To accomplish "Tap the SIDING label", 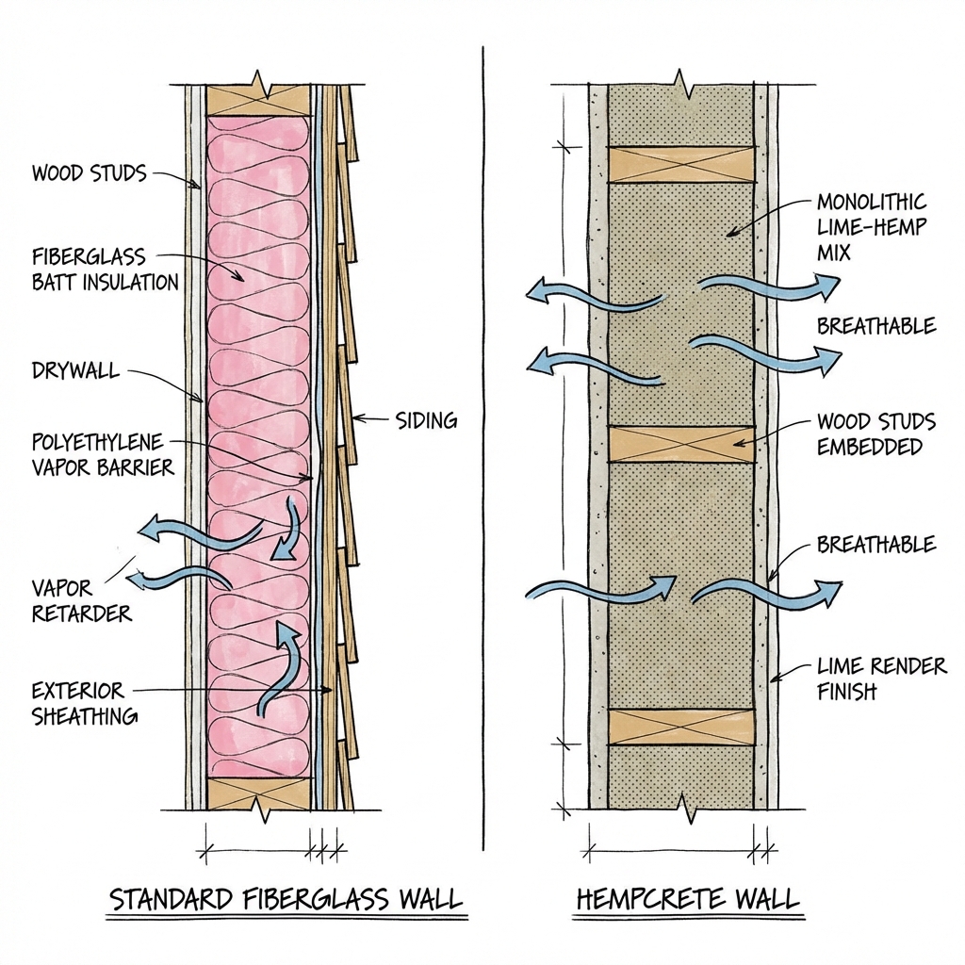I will coord(425,420).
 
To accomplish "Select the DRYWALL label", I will coord(76,370).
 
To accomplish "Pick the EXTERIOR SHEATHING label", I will coord(85,703).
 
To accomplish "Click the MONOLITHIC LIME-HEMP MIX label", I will coord(871,226).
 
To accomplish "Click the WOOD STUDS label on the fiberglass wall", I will coord(90,173).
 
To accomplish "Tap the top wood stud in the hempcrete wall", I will coord(681,164).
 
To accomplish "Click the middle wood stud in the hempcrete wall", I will coord(681,444).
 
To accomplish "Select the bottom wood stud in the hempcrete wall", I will coord(681,726).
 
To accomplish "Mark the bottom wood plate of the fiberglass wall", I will coord(259,793).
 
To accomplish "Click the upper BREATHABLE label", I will coord(876,326).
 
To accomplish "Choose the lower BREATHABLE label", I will coord(876,545).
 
